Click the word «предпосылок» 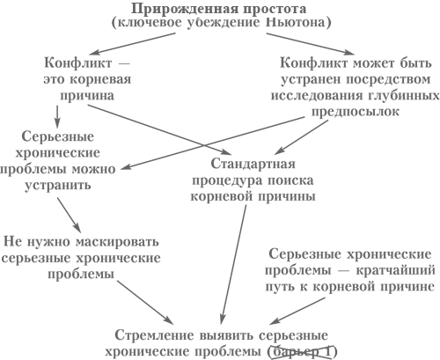click(x=356, y=112)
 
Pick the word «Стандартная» click(x=253, y=164)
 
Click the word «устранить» click(x=57, y=186)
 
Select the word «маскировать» click(x=117, y=242)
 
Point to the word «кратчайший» click(x=395, y=270)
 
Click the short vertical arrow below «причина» click(x=57, y=116)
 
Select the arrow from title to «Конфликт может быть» click(x=311, y=44)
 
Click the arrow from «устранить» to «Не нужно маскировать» click(x=69, y=215)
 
